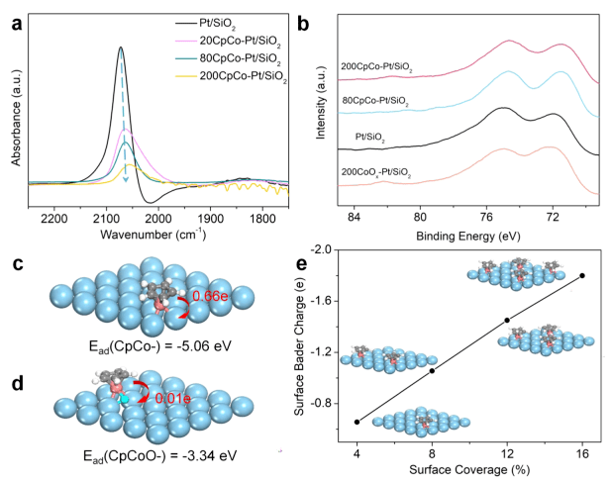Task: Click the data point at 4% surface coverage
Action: (357, 422)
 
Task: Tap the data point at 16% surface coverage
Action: (582, 275)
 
